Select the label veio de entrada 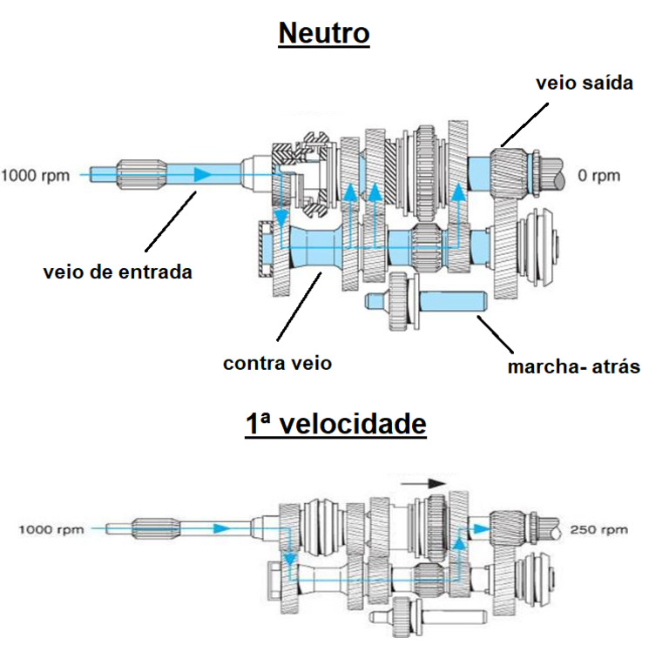pos(118,272)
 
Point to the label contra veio pos(277,363)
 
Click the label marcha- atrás pos(573,366)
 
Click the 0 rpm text pos(599,176)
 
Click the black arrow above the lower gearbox pos(425,482)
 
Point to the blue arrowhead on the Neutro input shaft pos(201,175)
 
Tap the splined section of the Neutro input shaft pos(139,175)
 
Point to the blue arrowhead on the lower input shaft pos(225,527)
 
